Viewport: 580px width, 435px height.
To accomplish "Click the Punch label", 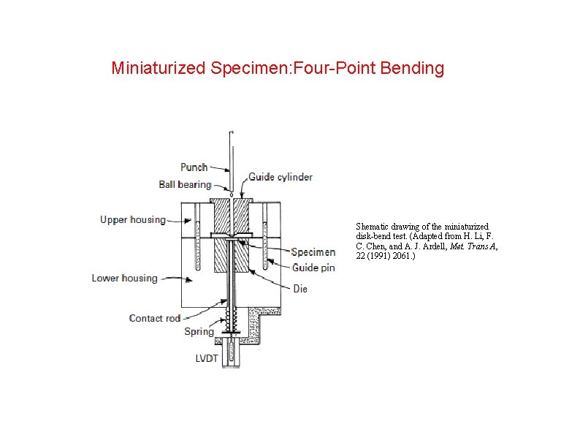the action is [x=194, y=167].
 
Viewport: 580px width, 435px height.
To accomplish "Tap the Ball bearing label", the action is [x=185, y=184].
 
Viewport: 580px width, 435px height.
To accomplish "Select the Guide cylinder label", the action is [x=281, y=177].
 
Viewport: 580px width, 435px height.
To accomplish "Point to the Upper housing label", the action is [x=133, y=219].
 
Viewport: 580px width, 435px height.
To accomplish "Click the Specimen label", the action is [x=313, y=252].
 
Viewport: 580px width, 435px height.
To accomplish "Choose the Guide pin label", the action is [x=313, y=268].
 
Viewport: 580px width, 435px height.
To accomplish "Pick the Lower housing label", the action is [x=124, y=278].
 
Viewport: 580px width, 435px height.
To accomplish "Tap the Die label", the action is [x=300, y=289].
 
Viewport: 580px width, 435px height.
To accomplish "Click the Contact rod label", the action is [x=154, y=318].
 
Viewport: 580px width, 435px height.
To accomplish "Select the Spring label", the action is [x=199, y=331].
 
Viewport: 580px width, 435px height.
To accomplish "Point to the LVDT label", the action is [x=207, y=358].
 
